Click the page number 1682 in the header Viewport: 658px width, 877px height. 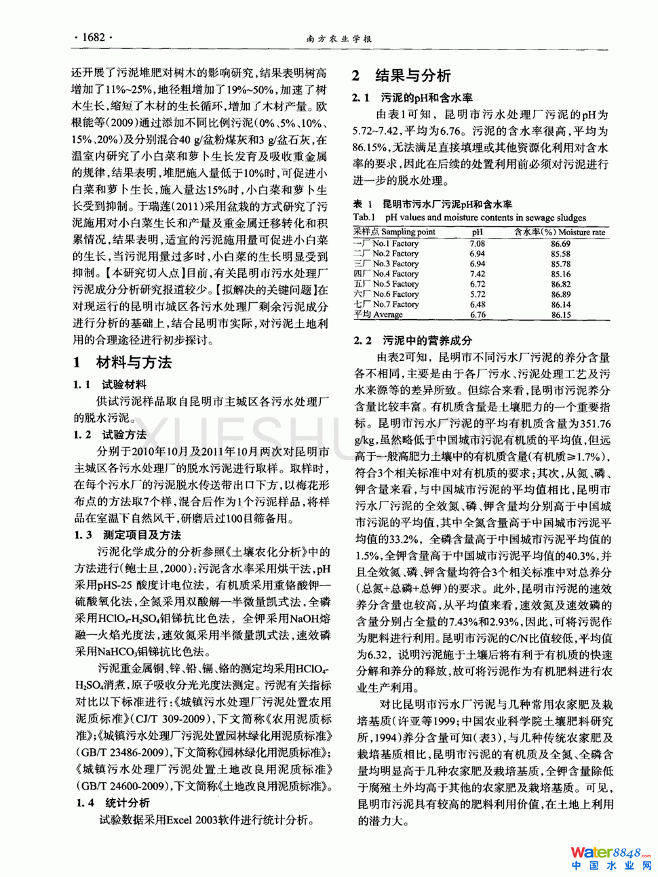click(93, 37)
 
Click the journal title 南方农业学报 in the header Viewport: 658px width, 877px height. click(339, 39)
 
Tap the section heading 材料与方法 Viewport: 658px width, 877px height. click(134, 363)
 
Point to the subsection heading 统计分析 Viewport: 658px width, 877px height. click(127, 802)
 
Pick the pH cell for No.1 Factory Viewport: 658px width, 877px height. click(478, 243)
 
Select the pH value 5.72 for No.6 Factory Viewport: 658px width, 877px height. click(478, 294)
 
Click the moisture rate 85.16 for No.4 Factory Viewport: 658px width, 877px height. click(560, 274)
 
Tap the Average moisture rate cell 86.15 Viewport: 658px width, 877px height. click(560, 314)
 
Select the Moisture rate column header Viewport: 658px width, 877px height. click(560, 232)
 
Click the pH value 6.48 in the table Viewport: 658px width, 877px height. click(478, 304)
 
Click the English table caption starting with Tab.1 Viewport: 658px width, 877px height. click(469, 218)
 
